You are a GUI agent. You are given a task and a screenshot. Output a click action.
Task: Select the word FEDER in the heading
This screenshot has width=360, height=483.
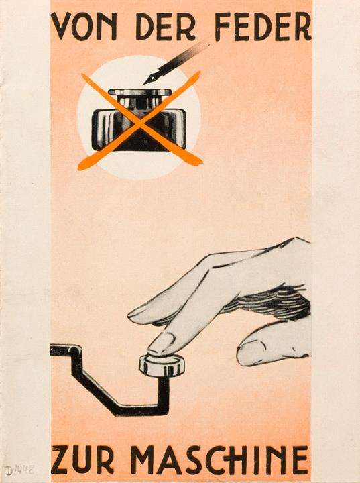(x=263, y=27)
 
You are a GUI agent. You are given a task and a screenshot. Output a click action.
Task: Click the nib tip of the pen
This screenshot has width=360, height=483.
(x=144, y=83)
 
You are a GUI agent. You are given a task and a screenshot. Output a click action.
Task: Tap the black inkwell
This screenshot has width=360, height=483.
(x=139, y=120)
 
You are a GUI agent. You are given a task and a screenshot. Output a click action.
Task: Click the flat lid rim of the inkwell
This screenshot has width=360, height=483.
(x=140, y=92)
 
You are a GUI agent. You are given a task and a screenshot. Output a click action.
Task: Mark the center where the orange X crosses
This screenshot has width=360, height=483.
(x=140, y=124)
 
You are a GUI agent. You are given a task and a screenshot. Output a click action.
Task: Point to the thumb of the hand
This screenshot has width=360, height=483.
(x=273, y=347)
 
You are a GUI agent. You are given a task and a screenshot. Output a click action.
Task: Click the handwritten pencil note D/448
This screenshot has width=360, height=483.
(x=19, y=470)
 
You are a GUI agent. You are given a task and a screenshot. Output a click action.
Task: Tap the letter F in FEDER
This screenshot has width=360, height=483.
(x=224, y=27)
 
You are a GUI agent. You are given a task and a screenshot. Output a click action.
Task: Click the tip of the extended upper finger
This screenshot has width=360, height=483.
(x=130, y=315)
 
